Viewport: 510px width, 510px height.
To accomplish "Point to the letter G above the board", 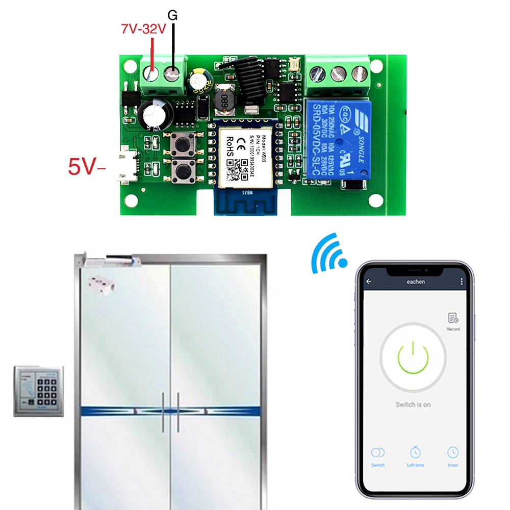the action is coord(173,16).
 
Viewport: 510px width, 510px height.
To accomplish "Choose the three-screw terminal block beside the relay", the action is coord(338,75).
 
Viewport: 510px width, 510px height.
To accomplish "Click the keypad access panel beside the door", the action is coord(39,391).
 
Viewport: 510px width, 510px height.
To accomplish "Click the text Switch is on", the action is coord(413,404).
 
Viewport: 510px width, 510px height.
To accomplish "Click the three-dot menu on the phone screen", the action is coord(462,282).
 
